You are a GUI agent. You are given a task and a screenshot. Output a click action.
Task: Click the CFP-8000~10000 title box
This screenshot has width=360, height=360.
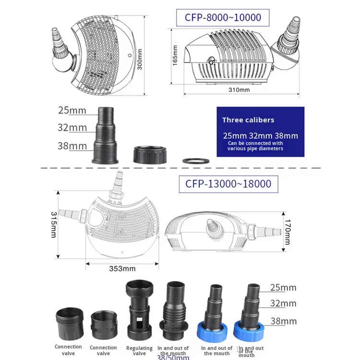point(223,18)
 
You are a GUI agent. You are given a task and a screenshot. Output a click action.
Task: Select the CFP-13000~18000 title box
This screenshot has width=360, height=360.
point(228,183)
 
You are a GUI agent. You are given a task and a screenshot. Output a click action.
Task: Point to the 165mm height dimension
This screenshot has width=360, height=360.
point(175,55)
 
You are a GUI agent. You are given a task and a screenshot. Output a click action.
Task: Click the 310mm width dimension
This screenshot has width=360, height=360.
point(239,90)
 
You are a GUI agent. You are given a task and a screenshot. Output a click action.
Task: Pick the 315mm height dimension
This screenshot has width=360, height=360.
point(54,224)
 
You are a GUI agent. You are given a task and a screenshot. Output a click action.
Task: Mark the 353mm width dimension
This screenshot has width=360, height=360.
point(122,268)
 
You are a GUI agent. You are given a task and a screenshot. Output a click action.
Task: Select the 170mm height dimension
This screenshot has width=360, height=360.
point(287,232)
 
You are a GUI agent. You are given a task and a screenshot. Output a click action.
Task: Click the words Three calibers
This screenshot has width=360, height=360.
point(248,120)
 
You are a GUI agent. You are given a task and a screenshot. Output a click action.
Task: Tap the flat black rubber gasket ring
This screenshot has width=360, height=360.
point(196,160)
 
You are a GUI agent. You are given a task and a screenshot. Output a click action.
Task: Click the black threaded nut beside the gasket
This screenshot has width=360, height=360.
point(149,154)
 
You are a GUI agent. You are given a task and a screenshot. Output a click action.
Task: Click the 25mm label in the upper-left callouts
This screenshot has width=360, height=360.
point(72,110)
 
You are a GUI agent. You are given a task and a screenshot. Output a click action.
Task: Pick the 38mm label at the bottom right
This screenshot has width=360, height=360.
point(283,321)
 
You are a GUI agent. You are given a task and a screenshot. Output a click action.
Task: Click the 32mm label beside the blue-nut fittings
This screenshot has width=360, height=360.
point(283,303)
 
